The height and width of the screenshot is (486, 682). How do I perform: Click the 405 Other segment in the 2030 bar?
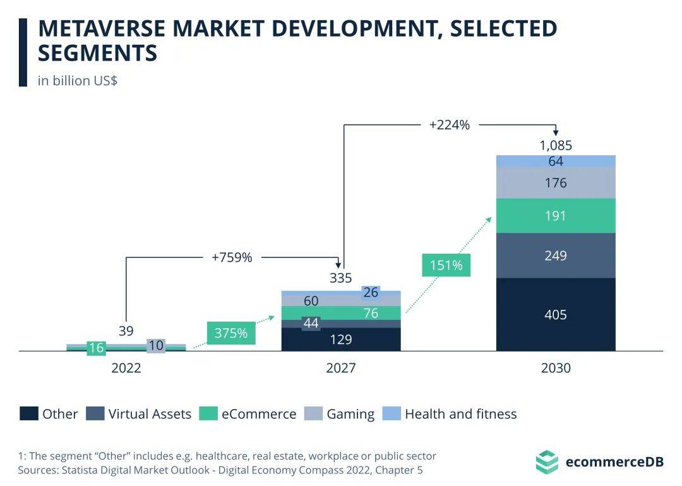tap(556, 314)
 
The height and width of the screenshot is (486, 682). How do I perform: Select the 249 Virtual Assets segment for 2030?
tap(556, 256)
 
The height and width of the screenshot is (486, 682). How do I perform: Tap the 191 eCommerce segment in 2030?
tap(556, 216)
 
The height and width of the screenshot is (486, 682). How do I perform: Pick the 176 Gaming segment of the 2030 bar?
tap(556, 183)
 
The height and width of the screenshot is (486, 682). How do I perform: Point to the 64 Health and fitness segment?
tap(556, 161)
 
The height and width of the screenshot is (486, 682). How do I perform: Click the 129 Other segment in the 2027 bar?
tap(341, 340)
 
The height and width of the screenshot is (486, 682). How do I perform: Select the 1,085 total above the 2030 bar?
tap(556, 146)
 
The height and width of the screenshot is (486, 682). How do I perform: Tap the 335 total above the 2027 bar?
tap(341, 278)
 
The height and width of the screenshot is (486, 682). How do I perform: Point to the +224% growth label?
tap(449, 125)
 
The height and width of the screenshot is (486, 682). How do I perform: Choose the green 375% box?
tap(231, 333)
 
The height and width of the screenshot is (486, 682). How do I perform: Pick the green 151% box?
tap(446, 265)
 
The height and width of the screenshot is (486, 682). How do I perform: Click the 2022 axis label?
tap(126, 368)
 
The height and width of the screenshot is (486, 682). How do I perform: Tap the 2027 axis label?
tap(341, 368)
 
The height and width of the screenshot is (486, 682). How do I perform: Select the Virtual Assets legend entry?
tap(138, 414)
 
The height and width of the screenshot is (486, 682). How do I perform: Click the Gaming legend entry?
tap(339, 414)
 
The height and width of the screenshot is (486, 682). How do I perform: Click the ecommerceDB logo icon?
tap(546, 461)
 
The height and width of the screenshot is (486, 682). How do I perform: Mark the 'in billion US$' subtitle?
tap(77, 81)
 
